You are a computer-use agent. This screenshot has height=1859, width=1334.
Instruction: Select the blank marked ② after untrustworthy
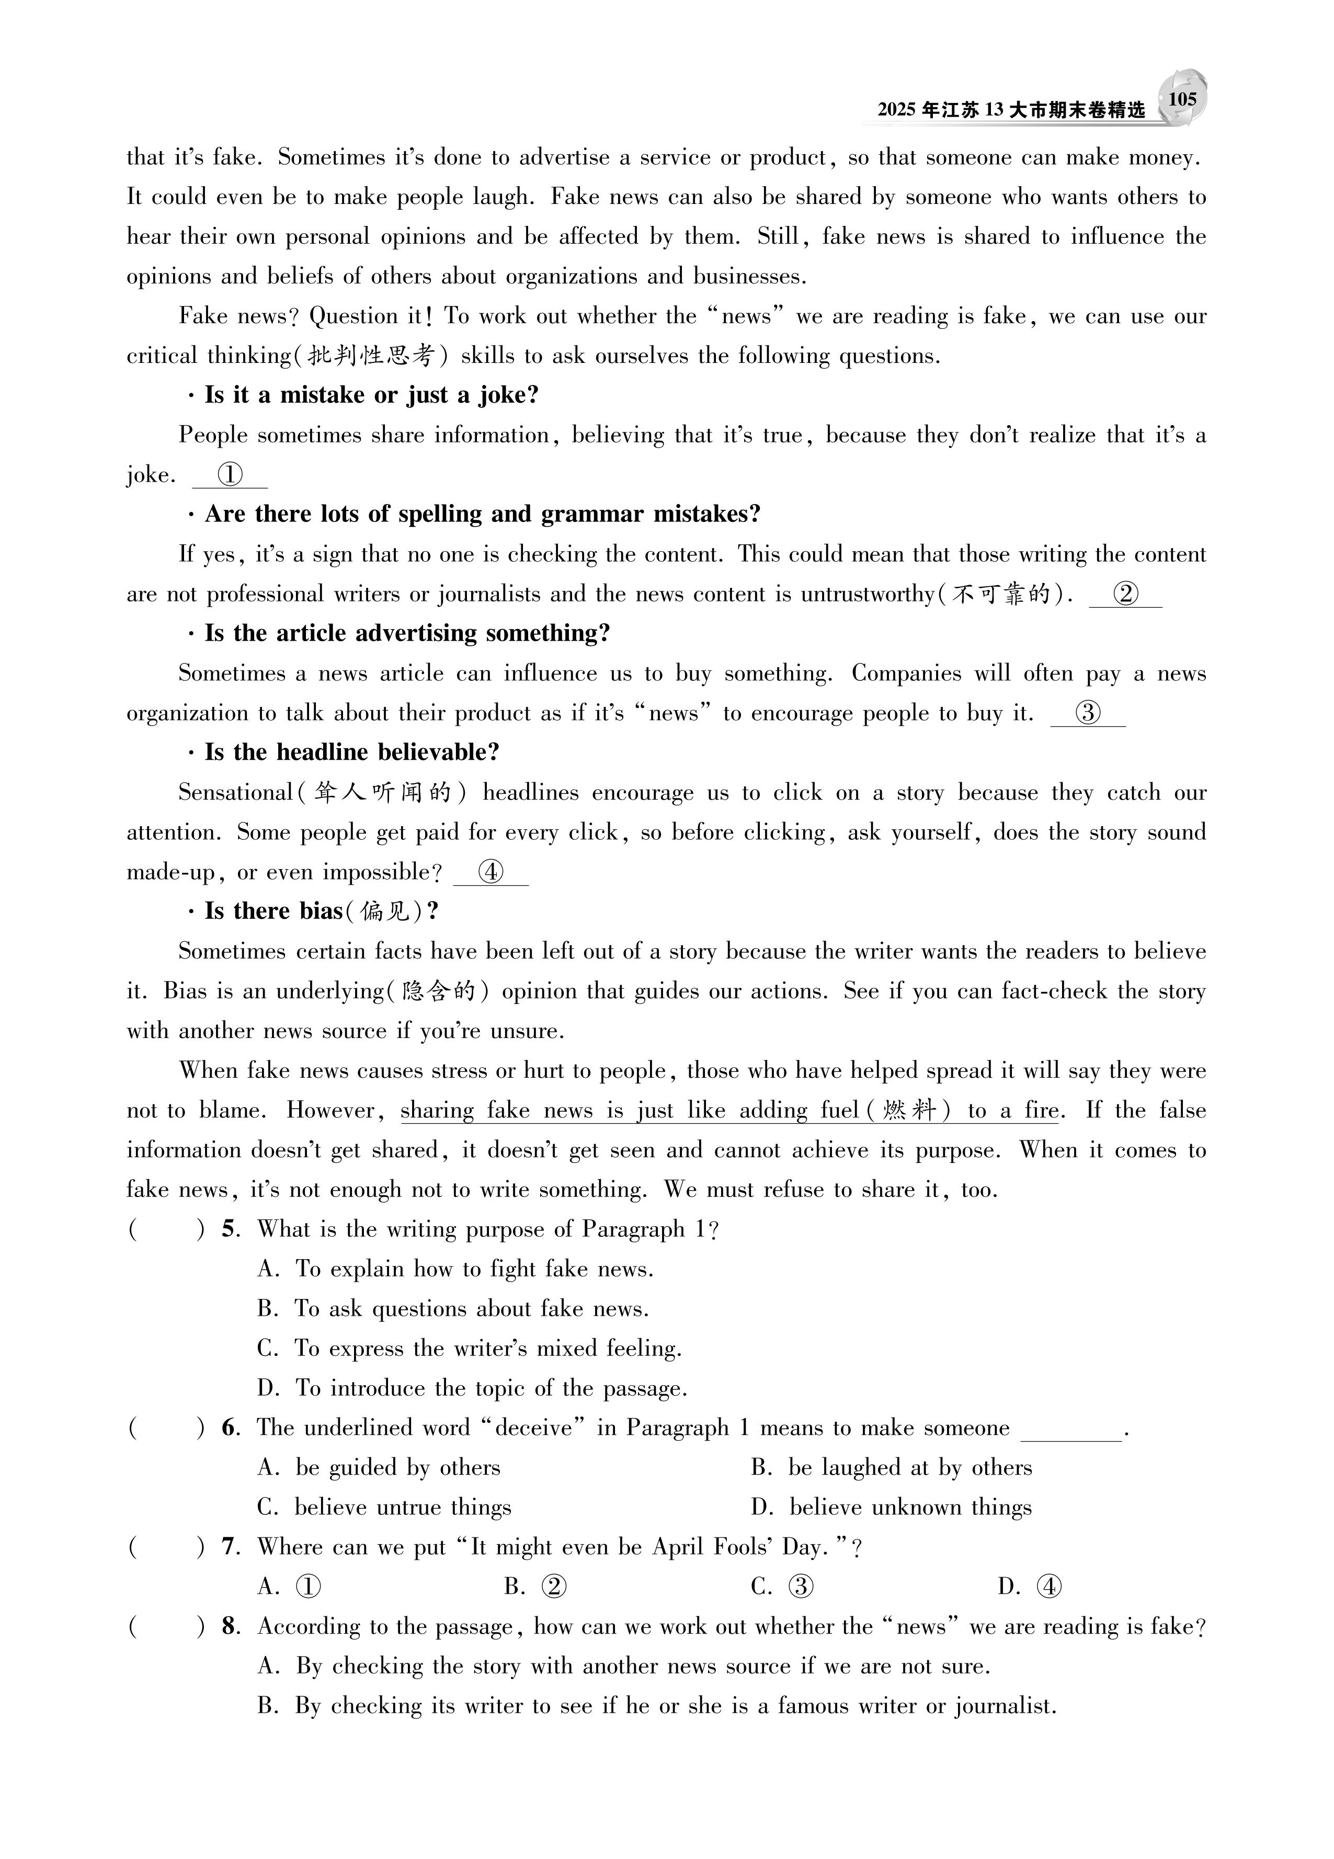tap(1126, 594)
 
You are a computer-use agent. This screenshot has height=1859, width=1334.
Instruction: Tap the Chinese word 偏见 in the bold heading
tap(383, 911)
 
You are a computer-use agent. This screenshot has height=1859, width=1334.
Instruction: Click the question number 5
tap(230, 1229)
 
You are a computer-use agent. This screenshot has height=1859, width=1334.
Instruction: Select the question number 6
tap(230, 1428)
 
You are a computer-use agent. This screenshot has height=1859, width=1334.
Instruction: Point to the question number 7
tap(230, 1547)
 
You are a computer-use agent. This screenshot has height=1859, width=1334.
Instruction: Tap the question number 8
tap(230, 1626)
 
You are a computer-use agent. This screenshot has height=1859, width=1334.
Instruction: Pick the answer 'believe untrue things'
tap(403, 1508)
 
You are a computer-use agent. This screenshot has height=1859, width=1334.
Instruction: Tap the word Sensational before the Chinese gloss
tap(235, 793)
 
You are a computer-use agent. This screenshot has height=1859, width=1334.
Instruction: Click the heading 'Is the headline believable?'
tap(352, 752)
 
